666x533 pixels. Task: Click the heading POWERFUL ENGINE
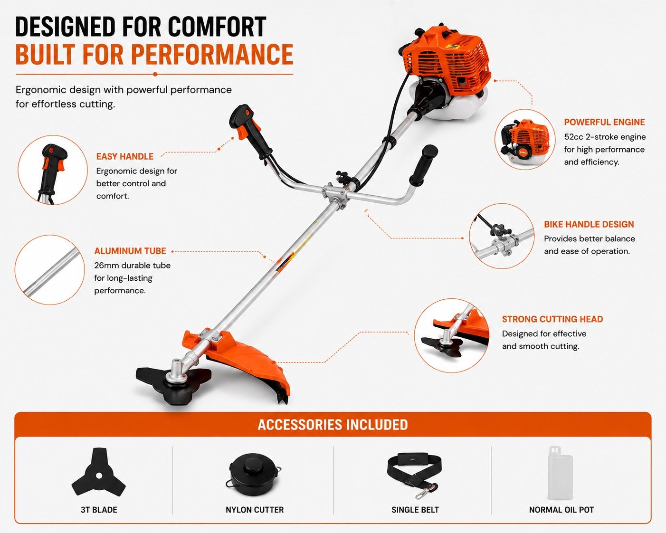(604, 122)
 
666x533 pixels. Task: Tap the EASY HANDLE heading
(125, 157)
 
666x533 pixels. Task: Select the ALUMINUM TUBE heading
(130, 251)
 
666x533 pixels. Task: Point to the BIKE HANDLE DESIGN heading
(589, 224)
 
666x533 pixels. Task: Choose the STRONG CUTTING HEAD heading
(552, 319)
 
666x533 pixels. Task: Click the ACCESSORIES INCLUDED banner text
(333, 425)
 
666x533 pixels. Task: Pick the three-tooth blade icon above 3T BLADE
(98, 472)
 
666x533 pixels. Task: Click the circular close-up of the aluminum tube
(49, 269)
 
